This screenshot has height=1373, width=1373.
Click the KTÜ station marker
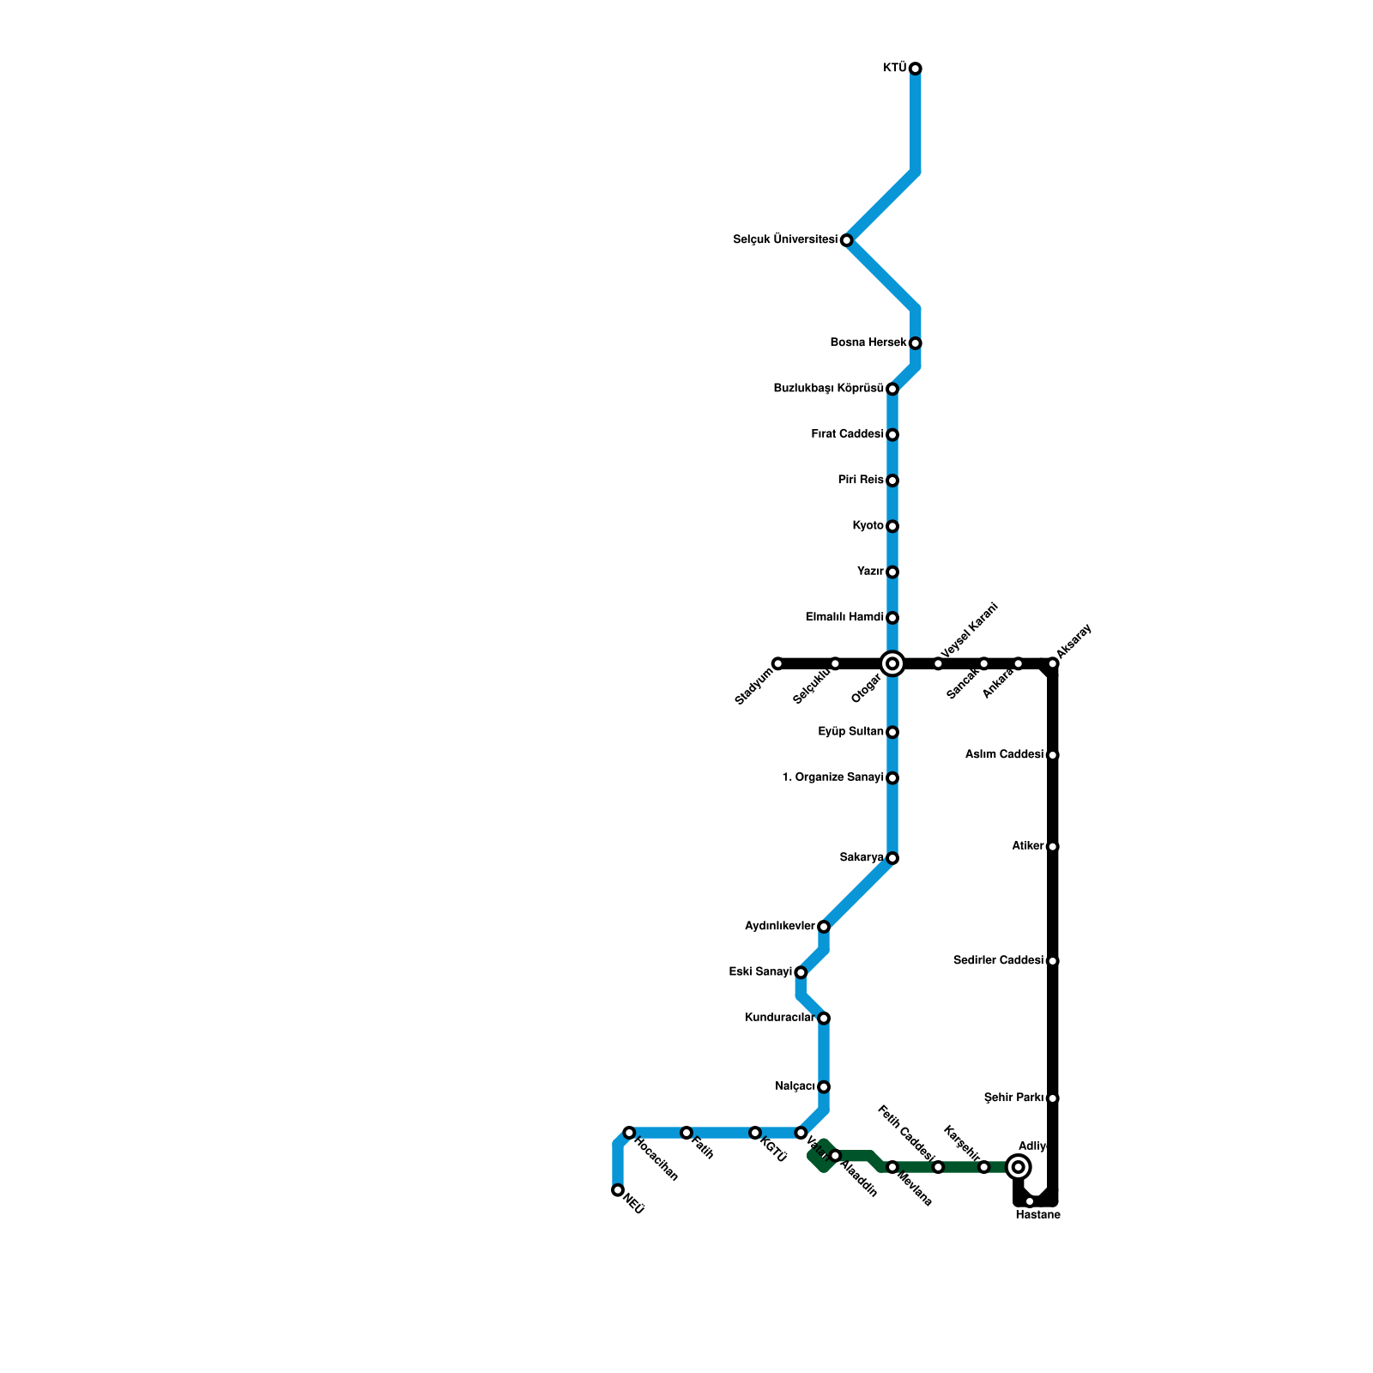click(x=916, y=69)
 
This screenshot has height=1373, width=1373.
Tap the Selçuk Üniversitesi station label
click(x=784, y=239)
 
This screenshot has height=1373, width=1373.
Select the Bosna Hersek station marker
click(x=916, y=343)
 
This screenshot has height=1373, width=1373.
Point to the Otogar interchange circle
click(x=892, y=663)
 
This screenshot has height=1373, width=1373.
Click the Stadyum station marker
click(x=777, y=663)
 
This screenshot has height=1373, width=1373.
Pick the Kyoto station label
click(x=868, y=526)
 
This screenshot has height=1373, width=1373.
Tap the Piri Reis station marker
click(x=892, y=481)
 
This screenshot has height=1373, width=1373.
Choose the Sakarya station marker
click(x=892, y=858)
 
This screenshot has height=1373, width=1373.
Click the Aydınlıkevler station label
click(x=779, y=926)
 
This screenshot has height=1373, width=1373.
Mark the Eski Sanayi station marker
click(x=801, y=972)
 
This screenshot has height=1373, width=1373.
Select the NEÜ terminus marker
click(x=618, y=1190)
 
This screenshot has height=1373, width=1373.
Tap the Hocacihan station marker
click(x=629, y=1133)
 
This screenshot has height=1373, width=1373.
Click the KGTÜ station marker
click(x=755, y=1133)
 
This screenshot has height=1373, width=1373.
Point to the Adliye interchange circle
click(x=1019, y=1167)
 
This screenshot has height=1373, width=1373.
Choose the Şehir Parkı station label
click(x=1013, y=1098)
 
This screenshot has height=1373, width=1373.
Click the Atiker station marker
click(x=1053, y=847)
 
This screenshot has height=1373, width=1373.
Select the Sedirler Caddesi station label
click(x=998, y=960)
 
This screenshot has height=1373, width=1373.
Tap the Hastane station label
click(x=1037, y=1215)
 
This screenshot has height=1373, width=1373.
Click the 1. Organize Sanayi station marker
click(x=892, y=778)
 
